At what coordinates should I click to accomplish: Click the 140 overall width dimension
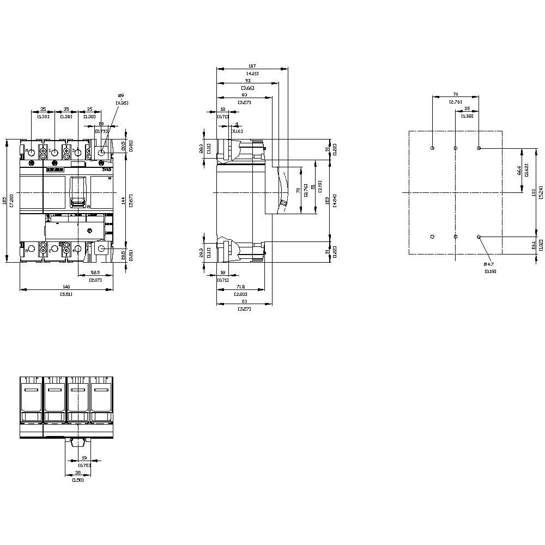pyautogui.click(x=66, y=287)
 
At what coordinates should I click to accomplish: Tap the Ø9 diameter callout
pyautogui.click(x=120, y=96)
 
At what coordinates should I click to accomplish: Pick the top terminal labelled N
pyautogui.click(x=31, y=152)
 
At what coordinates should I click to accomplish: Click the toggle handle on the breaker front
pyautogui.click(x=78, y=193)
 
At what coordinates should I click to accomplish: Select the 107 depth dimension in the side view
pyautogui.click(x=252, y=66)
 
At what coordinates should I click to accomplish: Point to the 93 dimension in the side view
pyautogui.click(x=247, y=81)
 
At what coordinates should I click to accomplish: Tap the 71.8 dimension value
pyautogui.click(x=240, y=287)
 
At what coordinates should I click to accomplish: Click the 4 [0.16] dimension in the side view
pyautogui.click(x=237, y=124)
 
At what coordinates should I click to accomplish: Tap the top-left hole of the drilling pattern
pyautogui.click(x=432, y=148)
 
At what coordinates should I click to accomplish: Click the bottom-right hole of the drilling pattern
pyautogui.click(x=479, y=237)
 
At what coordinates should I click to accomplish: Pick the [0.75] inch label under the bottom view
pyautogui.click(x=84, y=465)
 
